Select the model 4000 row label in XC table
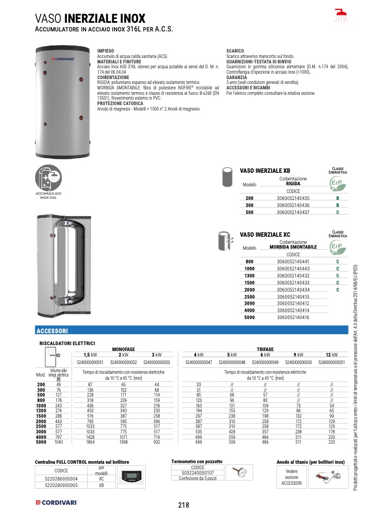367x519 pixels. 249,310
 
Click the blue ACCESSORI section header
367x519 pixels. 51,330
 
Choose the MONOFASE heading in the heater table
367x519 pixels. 123,349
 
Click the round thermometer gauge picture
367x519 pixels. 239,471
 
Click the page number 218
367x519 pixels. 183,505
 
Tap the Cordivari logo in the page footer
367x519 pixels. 56,503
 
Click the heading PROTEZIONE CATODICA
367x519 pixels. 119,103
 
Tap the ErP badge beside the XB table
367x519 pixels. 337,186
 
